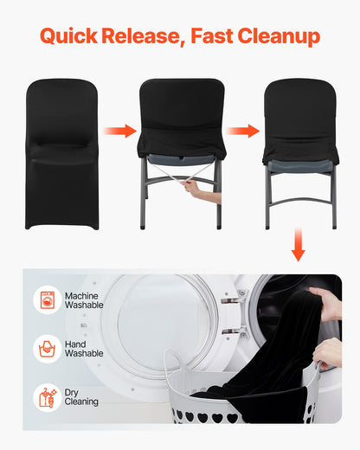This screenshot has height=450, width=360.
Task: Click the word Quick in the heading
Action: click(x=68, y=36)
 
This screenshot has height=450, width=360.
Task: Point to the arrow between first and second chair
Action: click(x=120, y=131)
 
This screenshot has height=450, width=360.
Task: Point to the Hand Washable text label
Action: click(x=84, y=349)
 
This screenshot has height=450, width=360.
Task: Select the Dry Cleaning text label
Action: click(x=81, y=397)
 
